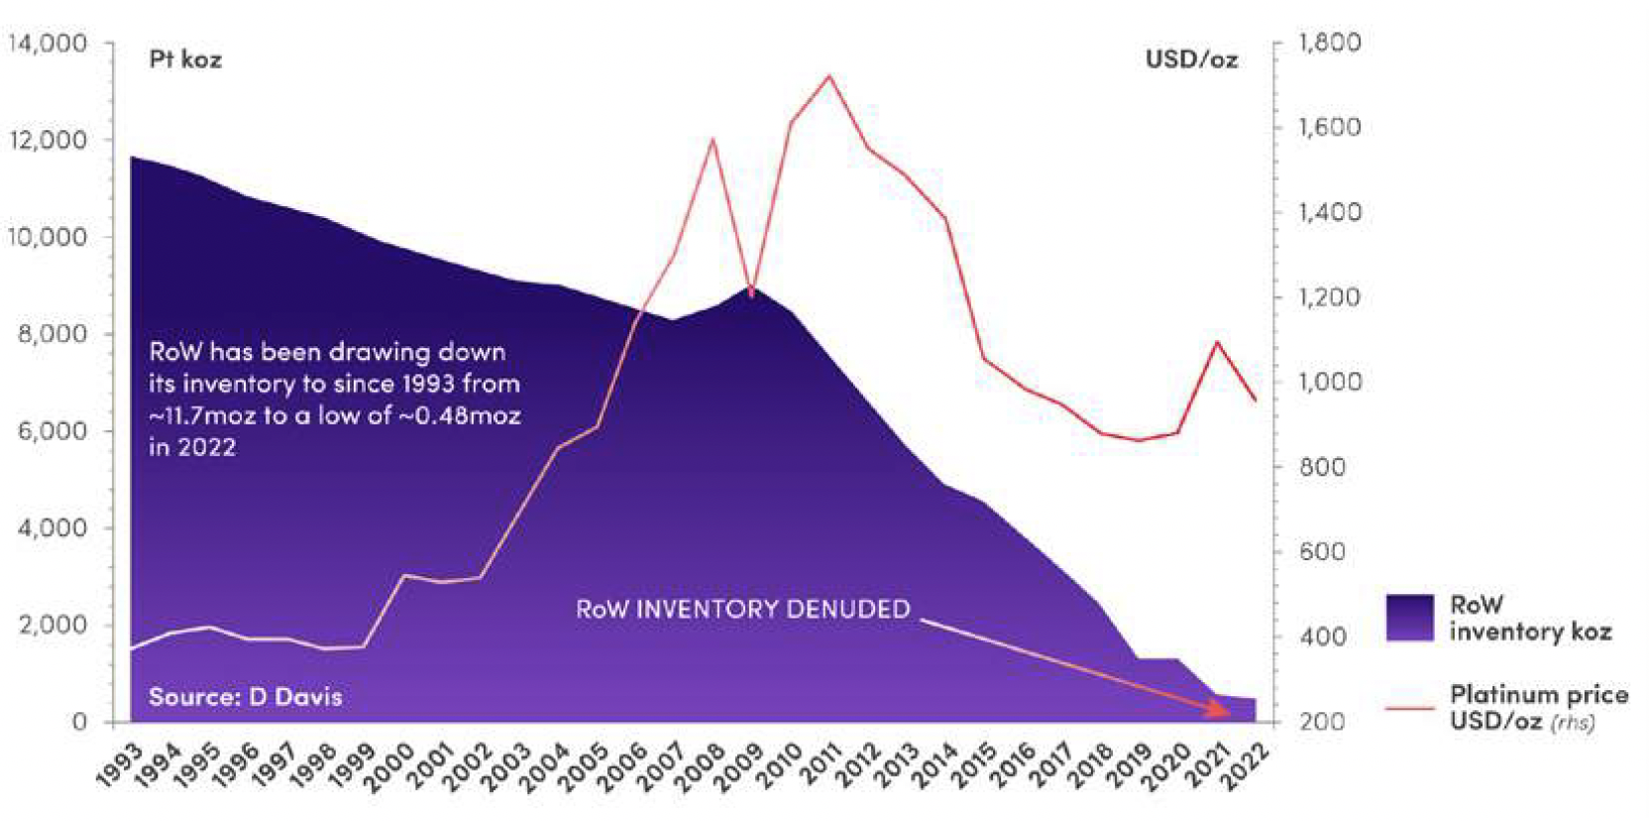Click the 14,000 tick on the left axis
48,44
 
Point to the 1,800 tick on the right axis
1329,43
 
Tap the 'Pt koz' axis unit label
185,59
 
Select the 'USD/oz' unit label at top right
1191,59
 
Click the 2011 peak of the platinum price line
828,75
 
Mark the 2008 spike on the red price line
712,140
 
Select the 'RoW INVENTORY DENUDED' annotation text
742,608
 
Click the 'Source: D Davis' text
245,696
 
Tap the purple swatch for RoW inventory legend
1409,618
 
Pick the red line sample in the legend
1409,708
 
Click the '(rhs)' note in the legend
1573,722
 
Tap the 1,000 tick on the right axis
1329,382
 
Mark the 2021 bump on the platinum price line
1217,342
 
